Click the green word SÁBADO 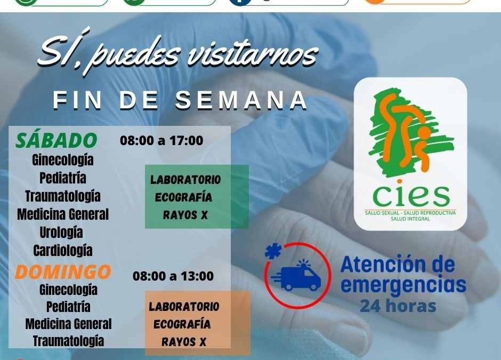(x=56, y=140)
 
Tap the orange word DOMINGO (x=63, y=272)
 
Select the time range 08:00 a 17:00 (x=161, y=141)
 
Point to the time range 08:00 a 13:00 (x=173, y=276)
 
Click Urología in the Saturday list (x=61, y=233)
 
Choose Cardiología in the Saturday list (x=63, y=250)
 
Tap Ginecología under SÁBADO (x=63, y=159)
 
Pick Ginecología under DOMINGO (x=68, y=290)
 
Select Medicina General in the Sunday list (x=68, y=324)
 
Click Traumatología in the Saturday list (x=63, y=196)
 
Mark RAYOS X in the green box (x=185, y=215)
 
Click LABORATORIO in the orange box (x=184, y=307)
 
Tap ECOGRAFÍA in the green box (x=184, y=197)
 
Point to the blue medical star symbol (x=273, y=251)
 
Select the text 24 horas (x=398, y=306)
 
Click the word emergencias (x=403, y=285)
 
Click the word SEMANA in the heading (x=241, y=100)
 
